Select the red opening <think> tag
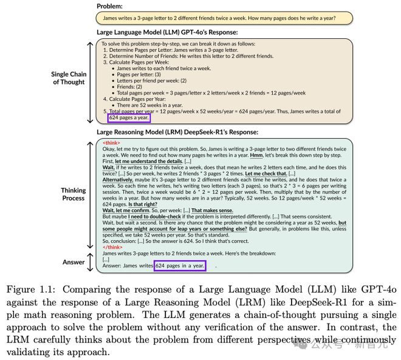tap(111, 142)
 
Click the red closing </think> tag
tap(112, 247)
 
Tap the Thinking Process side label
tap(73, 195)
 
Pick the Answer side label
tap(74, 261)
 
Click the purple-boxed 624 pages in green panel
tap(180, 265)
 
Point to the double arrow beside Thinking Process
tap(90, 195)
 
